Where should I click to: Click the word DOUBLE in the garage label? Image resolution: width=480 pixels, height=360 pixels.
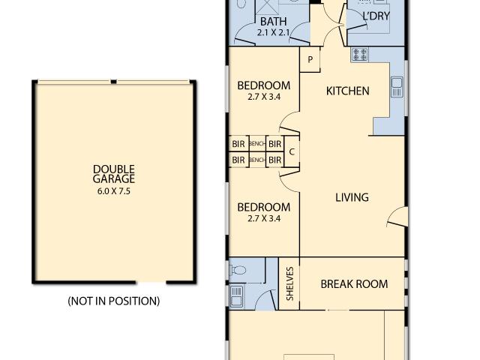(114, 169)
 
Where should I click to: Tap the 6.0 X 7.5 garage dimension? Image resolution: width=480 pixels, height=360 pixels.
(114, 191)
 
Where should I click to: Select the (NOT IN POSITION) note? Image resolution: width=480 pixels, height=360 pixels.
(114, 301)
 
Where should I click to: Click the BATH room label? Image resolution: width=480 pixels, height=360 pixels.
(273, 22)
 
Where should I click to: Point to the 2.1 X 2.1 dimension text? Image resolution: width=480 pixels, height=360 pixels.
(273, 32)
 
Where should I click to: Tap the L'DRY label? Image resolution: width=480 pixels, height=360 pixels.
(376, 16)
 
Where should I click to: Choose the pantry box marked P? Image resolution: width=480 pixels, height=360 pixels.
(310, 59)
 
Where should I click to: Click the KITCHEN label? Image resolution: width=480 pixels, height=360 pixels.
(348, 91)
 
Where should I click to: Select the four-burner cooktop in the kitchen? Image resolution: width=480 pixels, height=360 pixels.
(359, 55)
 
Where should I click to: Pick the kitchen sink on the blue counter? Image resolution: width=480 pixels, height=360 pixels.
(397, 87)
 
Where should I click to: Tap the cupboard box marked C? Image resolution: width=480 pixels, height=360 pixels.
(292, 151)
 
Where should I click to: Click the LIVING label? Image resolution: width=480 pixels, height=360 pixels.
(352, 197)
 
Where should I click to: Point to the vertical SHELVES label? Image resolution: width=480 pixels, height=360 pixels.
(290, 283)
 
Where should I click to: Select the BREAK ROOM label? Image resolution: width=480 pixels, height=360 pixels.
(354, 284)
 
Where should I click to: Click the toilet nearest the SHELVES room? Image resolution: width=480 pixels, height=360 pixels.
(238, 270)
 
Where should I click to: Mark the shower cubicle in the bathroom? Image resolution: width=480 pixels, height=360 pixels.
(267, 7)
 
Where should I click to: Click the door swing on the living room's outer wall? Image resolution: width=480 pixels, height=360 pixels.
(397, 217)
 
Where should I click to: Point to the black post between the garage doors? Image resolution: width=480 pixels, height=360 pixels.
(113, 82)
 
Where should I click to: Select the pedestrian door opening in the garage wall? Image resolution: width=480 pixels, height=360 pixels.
(151, 282)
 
